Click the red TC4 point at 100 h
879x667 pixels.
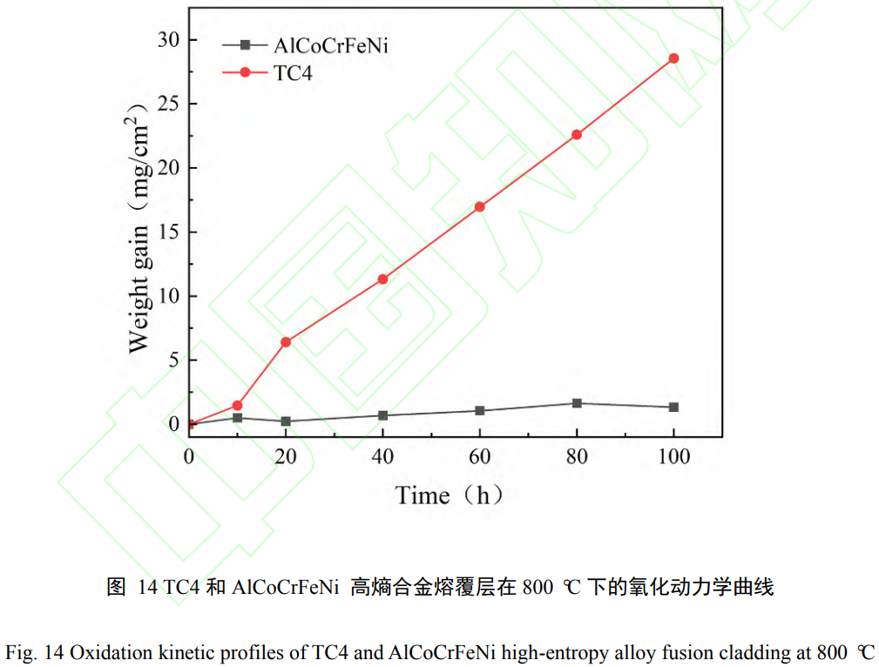click(x=673, y=58)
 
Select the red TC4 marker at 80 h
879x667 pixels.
click(x=577, y=134)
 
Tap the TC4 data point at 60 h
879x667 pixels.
click(x=479, y=206)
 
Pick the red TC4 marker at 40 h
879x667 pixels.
click(x=382, y=279)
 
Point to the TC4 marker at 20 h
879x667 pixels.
click(x=286, y=342)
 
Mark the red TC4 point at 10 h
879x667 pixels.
click(x=237, y=406)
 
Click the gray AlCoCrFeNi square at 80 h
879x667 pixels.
click(x=577, y=403)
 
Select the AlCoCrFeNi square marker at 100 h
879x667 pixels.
click(x=673, y=407)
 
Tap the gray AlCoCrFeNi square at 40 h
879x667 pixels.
click(x=382, y=415)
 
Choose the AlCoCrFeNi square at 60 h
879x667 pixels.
click(x=479, y=411)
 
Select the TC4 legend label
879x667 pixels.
click(x=293, y=73)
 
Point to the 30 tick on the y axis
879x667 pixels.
click(x=168, y=40)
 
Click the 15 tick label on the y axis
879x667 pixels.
click(x=168, y=232)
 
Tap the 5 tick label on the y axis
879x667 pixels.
click(x=173, y=360)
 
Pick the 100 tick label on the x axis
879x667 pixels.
click(x=673, y=457)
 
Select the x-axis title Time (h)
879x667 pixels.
click(x=449, y=496)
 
